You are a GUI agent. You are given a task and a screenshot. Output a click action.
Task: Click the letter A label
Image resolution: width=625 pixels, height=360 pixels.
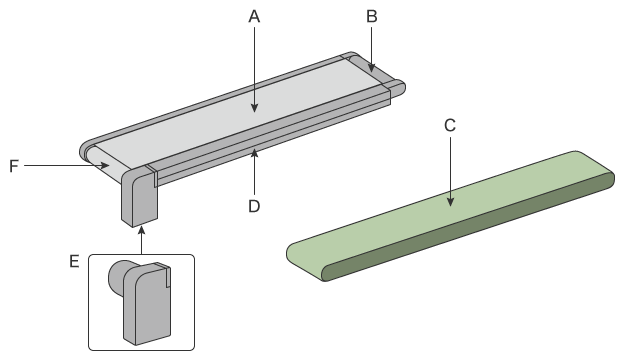point(254,17)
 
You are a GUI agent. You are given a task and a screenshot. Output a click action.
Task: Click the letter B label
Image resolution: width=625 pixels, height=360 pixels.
point(371,17)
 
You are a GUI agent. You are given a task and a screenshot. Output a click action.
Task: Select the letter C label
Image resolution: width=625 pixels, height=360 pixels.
point(450,126)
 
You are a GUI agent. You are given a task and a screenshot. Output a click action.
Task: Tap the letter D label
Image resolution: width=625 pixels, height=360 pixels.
point(254,207)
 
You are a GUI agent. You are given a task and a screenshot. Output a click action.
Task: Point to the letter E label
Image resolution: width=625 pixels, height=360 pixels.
point(74,262)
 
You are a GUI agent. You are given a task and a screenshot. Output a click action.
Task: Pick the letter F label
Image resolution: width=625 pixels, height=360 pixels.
point(14,166)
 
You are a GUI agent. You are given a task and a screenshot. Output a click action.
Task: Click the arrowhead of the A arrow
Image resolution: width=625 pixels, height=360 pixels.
point(254,108)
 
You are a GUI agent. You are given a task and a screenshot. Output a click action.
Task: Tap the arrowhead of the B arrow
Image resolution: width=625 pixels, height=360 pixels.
point(371,68)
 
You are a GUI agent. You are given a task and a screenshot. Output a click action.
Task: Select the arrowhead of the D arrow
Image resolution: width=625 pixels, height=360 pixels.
point(254,153)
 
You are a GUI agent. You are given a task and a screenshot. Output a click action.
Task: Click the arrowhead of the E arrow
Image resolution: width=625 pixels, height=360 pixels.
point(141,231)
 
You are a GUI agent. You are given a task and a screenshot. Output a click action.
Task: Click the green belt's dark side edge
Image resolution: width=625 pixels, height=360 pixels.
point(470,226)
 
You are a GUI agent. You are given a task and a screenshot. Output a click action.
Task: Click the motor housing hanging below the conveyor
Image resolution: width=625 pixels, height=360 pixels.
point(140,197)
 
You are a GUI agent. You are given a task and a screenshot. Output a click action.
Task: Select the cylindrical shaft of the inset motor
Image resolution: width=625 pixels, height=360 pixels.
point(118,276)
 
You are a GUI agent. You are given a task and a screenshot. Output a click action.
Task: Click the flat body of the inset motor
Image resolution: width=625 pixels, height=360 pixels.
point(147,304)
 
